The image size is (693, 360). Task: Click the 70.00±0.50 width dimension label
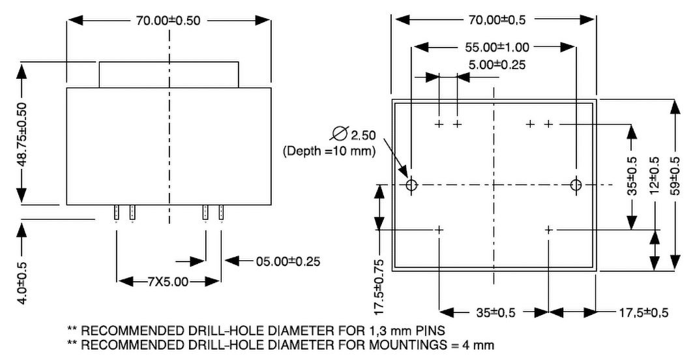[168, 20]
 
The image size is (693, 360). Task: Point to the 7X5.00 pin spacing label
[168, 282]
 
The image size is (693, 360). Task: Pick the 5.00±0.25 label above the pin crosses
[497, 65]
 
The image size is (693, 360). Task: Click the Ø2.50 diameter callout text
[355, 135]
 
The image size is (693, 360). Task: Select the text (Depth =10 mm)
[329, 151]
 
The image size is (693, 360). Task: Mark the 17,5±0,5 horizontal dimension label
[643, 312]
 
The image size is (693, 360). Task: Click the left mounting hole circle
[411, 185]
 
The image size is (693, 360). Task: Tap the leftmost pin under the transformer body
[117, 213]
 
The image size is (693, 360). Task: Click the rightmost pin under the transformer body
[222, 213]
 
